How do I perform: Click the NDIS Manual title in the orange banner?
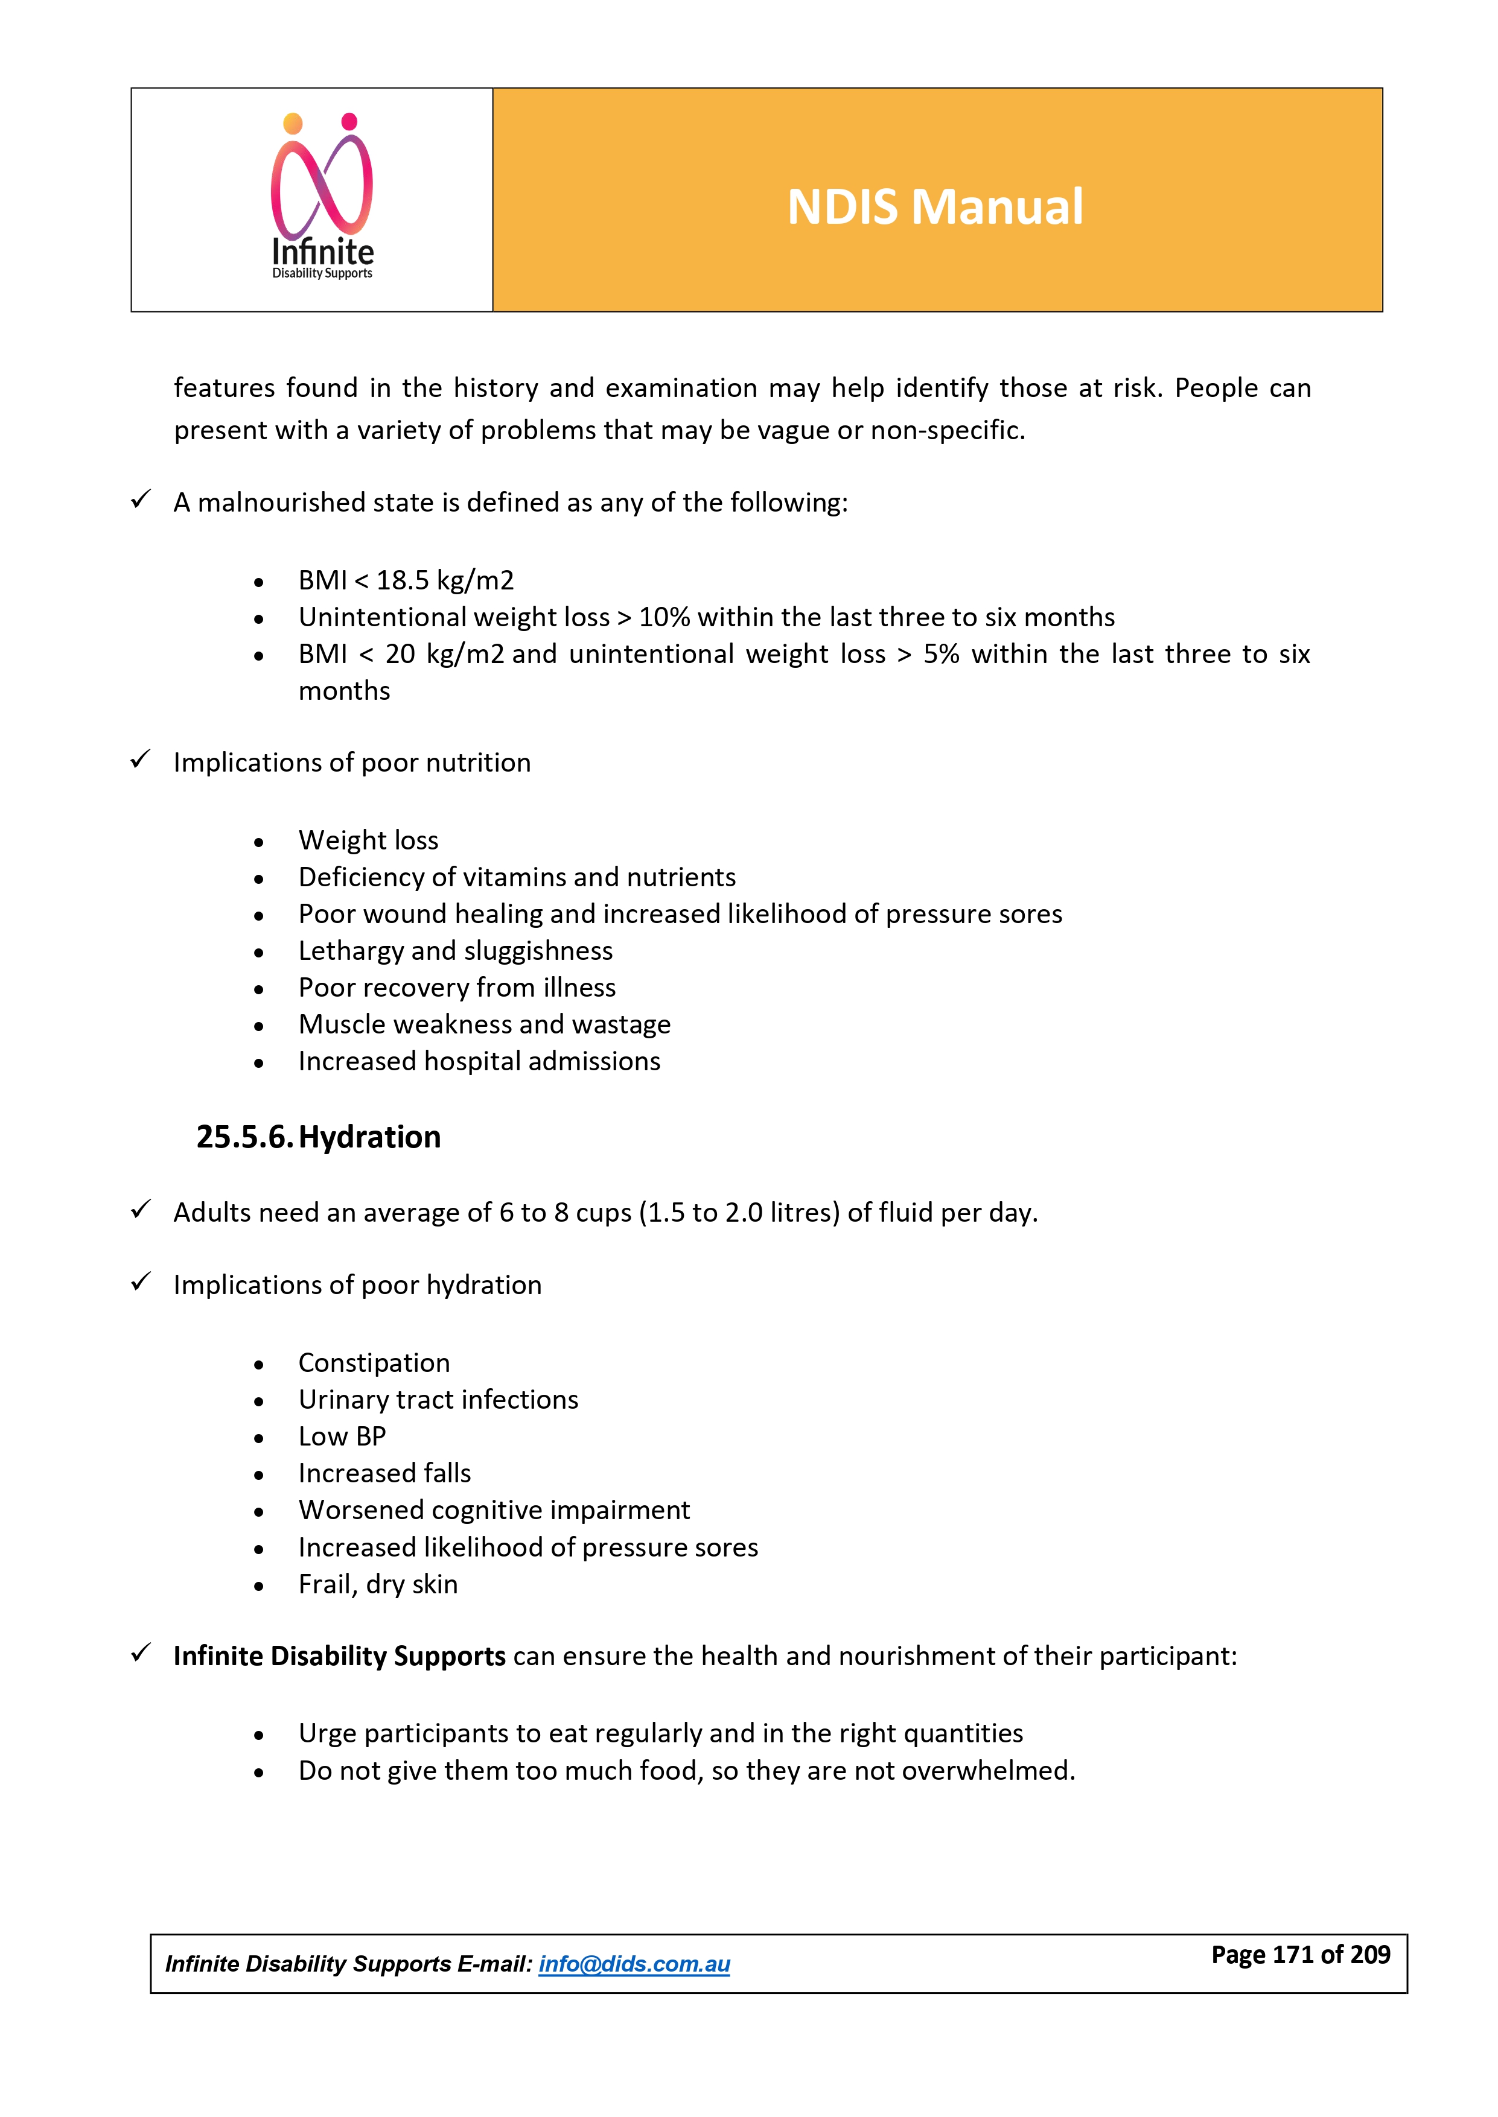click(934, 206)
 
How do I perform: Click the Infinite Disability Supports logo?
click(322, 197)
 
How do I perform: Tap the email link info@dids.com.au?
click(634, 1964)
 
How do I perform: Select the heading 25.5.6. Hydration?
click(318, 1137)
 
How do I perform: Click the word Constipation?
click(374, 1363)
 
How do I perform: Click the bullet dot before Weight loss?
click(259, 842)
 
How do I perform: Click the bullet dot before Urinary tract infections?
click(259, 1401)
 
